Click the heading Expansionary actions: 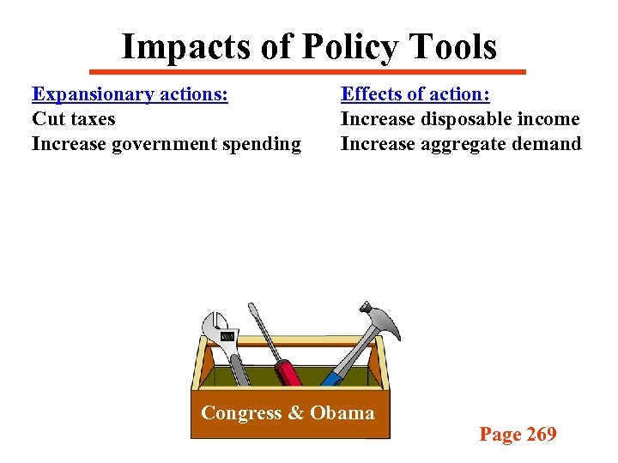coord(130,93)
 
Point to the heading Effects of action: coord(415,93)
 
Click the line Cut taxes coord(73,118)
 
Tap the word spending coord(262,144)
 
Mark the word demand coord(548,143)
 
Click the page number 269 coord(541,435)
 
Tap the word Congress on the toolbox coord(241,413)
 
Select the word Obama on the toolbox coord(342,413)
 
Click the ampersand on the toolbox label coord(296,413)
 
